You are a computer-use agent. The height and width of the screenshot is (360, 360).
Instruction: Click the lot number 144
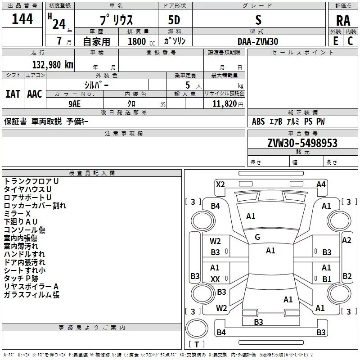pos(22,19)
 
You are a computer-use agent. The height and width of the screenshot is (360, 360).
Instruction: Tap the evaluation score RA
pos(343,21)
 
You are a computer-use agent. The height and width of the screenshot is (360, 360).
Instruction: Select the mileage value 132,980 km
pos(52,64)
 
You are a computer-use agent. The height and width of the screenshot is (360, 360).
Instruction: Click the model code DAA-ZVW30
pos(258,41)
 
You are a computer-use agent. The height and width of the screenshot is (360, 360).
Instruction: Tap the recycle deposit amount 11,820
pos(224,104)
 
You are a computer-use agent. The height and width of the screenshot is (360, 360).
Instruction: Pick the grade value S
pos(258,20)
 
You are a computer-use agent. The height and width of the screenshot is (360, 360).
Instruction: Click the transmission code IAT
pos(13,94)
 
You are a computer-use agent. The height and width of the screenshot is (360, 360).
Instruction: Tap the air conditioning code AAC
pos(34,94)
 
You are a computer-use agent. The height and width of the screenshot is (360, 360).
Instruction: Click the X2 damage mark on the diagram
pos(220,184)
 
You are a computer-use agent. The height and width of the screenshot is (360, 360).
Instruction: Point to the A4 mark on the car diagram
pos(321,184)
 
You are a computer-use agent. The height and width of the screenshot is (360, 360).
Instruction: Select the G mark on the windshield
pos(257,237)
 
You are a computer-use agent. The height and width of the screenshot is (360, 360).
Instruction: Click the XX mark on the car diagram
pos(215,279)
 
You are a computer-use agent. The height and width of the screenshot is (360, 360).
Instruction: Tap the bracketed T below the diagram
pos(197,345)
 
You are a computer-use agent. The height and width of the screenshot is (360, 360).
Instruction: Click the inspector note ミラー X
pos(17,214)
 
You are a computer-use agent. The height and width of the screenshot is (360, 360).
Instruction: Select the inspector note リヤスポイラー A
pos(31,287)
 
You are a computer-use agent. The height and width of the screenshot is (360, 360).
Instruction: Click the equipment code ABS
pos(258,121)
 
